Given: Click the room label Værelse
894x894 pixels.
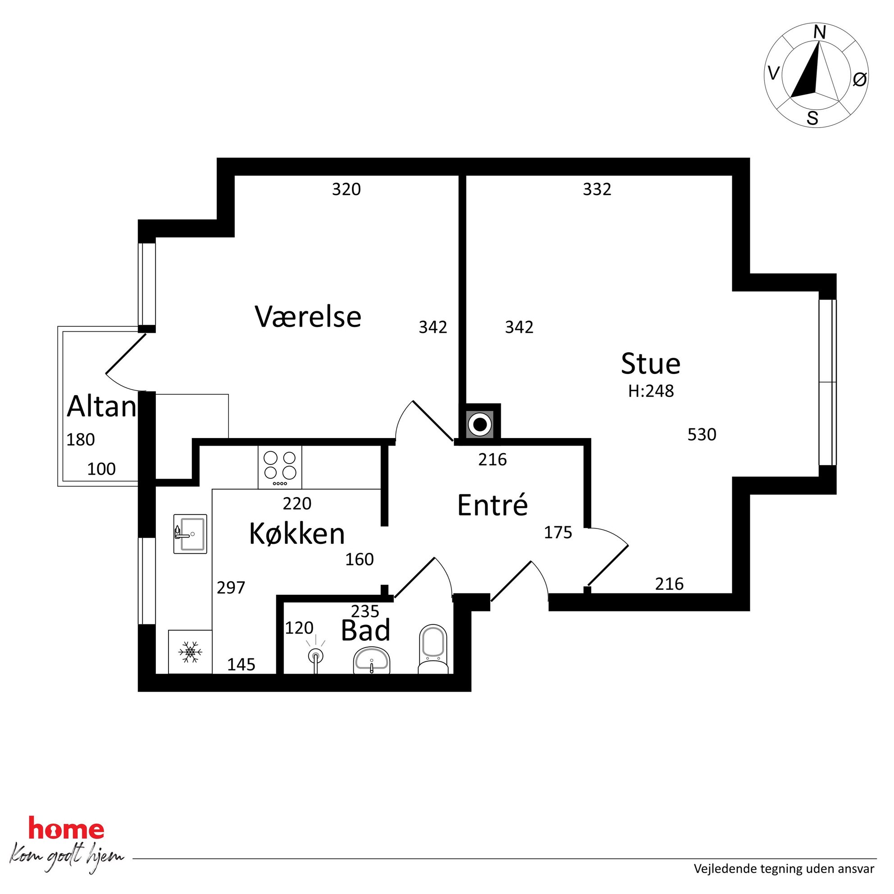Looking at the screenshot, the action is click(x=308, y=317).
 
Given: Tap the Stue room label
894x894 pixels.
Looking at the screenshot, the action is click(x=650, y=364).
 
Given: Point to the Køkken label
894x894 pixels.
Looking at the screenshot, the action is click(x=296, y=534).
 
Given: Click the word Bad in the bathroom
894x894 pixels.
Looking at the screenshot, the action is click(x=365, y=630).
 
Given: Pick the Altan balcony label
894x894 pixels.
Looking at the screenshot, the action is click(x=102, y=407).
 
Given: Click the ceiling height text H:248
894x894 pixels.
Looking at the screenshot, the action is click(x=651, y=392).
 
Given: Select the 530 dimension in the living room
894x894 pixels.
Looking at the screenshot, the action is click(x=702, y=434).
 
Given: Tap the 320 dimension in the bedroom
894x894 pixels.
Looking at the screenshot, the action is click(x=346, y=189).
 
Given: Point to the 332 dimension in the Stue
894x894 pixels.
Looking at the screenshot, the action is click(x=597, y=189).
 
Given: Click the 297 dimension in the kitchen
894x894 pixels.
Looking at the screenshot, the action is click(x=231, y=588).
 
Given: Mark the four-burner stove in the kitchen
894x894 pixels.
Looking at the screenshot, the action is click(x=280, y=467).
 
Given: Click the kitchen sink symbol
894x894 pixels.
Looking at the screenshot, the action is click(x=190, y=534).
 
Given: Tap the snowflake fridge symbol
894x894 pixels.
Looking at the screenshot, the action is click(x=190, y=652).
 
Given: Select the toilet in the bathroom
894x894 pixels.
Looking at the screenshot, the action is click(x=433, y=649).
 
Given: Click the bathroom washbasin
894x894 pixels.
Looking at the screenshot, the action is click(x=372, y=661).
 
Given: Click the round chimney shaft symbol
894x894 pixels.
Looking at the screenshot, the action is click(x=480, y=424).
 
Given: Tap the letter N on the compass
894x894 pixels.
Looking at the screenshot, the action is click(x=820, y=32).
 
